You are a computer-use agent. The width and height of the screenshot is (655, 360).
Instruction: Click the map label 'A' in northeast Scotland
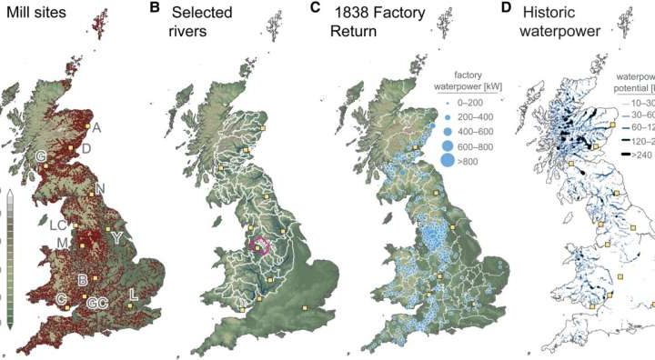pos(96,128)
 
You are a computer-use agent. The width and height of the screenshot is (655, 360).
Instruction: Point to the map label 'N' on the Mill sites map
pos(100,189)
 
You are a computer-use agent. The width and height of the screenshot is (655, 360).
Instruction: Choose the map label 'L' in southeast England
pos(134,294)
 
